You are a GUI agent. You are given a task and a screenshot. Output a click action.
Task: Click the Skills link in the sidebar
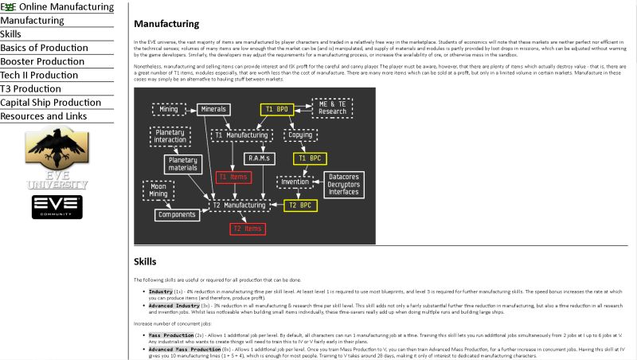pos(11,33)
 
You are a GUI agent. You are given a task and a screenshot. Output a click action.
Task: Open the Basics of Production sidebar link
pos(44,48)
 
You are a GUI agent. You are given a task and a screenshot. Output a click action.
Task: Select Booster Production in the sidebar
pos(42,61)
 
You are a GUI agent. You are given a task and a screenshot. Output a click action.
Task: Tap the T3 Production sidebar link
pos(30,88)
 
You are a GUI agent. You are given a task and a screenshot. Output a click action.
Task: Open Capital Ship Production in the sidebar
pos(50,103)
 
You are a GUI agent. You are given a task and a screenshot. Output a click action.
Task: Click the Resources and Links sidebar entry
pos(44,116)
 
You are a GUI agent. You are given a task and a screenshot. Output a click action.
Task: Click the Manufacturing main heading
pos(166,25)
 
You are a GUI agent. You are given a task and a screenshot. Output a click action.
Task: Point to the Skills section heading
pos(145,261)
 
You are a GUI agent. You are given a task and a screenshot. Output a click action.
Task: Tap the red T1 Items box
pos(233,177)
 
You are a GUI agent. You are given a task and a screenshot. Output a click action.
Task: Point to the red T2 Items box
pos(247,229)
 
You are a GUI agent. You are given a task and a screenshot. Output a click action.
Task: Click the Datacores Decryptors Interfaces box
pos(343,183)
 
